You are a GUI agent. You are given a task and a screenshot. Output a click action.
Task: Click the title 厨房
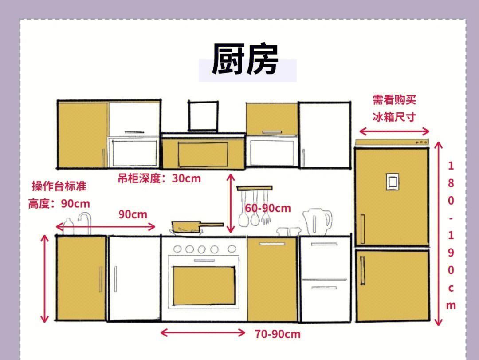tap(245, 59)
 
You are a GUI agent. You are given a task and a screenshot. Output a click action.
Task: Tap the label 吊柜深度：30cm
tap(159, 178)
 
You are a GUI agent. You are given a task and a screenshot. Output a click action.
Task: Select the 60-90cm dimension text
tap(268, 208)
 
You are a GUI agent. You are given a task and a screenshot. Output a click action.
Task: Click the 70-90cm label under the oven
tap(278, 334)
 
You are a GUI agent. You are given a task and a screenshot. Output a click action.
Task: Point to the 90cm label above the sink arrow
tap(133, 214)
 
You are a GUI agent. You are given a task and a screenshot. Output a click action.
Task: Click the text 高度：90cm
tap(59, 204)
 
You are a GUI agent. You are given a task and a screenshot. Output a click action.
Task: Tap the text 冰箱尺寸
tap(394, 117)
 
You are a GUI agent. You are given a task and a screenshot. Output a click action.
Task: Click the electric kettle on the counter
tap(317, 222)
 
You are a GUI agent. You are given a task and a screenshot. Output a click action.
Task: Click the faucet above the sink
tap(86, 223)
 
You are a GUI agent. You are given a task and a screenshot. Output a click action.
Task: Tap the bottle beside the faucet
tap(68, 227)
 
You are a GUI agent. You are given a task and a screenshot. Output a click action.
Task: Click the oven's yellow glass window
tap(204, 286)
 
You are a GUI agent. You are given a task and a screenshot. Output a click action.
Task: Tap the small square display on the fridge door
tap(393, 182)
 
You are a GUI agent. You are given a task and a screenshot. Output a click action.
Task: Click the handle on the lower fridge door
tap(363, 270)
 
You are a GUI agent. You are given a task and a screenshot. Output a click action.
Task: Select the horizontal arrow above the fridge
tap(394, 131)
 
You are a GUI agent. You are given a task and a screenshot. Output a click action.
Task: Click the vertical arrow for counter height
tap(45, 279)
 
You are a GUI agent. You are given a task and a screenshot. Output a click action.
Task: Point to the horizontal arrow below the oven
tap(203, 332)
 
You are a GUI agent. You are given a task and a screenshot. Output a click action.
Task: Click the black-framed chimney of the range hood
tap(203, 116)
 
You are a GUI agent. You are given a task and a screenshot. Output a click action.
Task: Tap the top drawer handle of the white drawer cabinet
tap(324, 244)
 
